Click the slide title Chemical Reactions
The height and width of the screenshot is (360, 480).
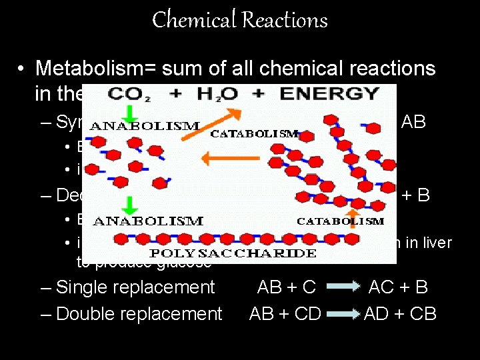click(x=240, y=20)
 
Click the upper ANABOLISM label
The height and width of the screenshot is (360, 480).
click(x=144, y=125)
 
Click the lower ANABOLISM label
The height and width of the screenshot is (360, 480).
click(x=148, y=221)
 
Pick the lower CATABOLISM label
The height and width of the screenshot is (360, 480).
click(x=340, y=221)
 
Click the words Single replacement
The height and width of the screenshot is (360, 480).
click(x=135, y=287)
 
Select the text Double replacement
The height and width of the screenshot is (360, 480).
click(x=139, y=313)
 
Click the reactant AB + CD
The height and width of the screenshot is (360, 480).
click(x=285, y=313)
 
